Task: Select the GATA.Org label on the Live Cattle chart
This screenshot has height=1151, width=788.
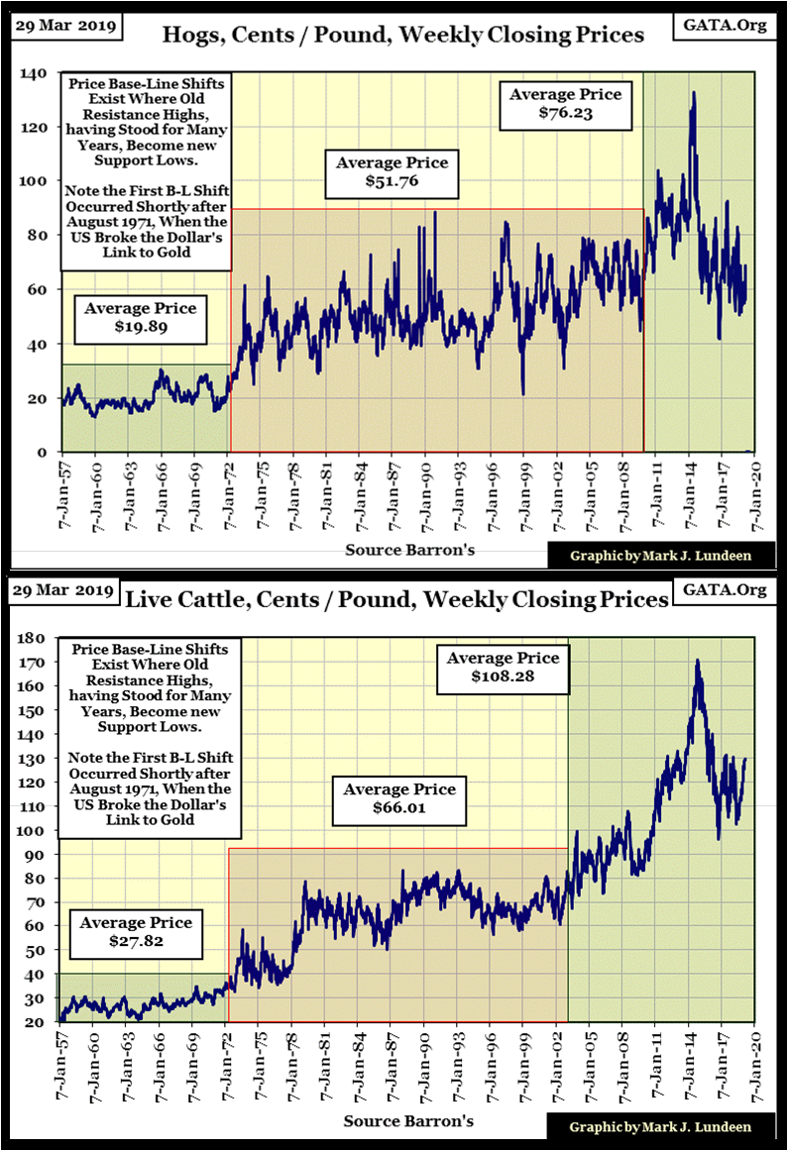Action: click(725, 590)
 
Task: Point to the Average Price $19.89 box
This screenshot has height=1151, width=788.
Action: click(140, 318)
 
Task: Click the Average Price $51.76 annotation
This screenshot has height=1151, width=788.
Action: click(392, 173)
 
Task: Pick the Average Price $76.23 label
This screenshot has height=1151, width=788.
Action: click(565, 104)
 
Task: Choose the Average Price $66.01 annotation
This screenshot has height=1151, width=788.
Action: click(399, 800)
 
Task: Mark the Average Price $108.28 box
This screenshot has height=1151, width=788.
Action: click(503, 669)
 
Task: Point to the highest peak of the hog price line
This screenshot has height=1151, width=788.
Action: click(693, 93)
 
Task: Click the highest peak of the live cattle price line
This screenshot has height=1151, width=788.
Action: click(698, 661)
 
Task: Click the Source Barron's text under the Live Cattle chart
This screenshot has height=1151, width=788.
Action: click(408, 1121)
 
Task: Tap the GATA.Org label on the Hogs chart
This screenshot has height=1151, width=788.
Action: click(725, 25)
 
